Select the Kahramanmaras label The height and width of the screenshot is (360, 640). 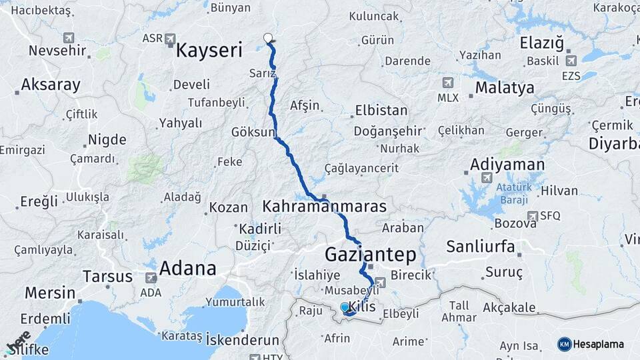[325, 206]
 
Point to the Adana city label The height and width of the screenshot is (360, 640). [187, 269]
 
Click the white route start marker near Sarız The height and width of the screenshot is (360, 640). [268, 38]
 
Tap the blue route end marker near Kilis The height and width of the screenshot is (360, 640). [345, 307]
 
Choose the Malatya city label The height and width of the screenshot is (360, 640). [505, 87]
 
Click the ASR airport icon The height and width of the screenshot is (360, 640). [170, 39]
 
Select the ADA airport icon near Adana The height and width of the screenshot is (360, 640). [151, 277]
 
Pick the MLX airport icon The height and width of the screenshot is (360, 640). [447, 83]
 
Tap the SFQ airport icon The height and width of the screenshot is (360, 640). [533, 216]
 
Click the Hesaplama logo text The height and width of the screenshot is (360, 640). [598, 344]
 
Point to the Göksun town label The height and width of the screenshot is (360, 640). [253, 132]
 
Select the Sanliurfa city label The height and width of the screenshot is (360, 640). [480, 247]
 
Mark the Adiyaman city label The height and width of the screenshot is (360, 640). [507, 164]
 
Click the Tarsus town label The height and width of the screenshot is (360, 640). [107, 275]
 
